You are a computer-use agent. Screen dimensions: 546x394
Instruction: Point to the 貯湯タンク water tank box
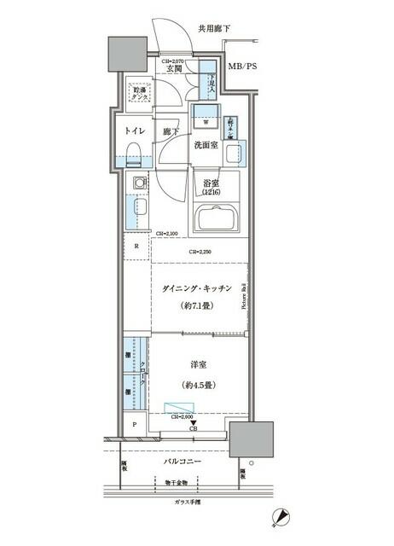[x=137, y=91]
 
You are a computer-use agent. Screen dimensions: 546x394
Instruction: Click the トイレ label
[x=134, y=132]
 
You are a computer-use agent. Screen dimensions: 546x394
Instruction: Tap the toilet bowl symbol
[x=132, y=154]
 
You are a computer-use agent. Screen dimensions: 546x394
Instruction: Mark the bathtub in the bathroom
[x=219, y=219]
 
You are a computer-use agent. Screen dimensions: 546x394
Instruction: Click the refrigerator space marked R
[x=136, y=247]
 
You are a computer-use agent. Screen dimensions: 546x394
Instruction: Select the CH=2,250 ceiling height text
[x=200, y=252]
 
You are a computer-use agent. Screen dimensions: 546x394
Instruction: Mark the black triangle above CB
[x=194, y=422]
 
